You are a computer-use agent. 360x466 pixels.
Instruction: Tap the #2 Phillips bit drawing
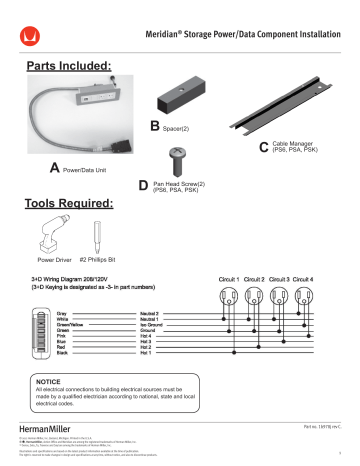[98, 237]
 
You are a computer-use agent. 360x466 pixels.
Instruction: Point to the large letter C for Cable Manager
[263, 148]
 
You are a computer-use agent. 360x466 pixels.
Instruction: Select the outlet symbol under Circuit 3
[285, 296]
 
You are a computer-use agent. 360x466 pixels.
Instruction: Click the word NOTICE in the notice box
[49, 381]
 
